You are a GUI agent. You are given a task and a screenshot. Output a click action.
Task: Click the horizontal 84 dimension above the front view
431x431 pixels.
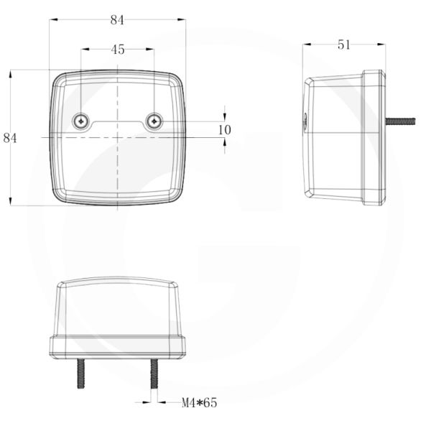pos(117,20)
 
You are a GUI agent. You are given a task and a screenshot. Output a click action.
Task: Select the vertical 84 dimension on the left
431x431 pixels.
pos(10,138)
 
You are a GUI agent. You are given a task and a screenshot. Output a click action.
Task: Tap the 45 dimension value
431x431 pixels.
pos(118,50)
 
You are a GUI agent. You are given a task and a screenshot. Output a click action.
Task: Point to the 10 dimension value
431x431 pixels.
pos(225,129)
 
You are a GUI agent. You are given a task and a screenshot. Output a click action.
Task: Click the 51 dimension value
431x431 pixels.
pos(343,45)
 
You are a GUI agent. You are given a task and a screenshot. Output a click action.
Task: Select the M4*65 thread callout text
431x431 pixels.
pos(199,403)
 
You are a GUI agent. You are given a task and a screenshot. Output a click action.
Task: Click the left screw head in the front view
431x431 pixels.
pos(81,121)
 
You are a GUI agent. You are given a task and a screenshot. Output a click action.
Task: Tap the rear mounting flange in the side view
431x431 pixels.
pos(373,137)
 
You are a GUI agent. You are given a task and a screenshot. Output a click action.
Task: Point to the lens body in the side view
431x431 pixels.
pos(334,137)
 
